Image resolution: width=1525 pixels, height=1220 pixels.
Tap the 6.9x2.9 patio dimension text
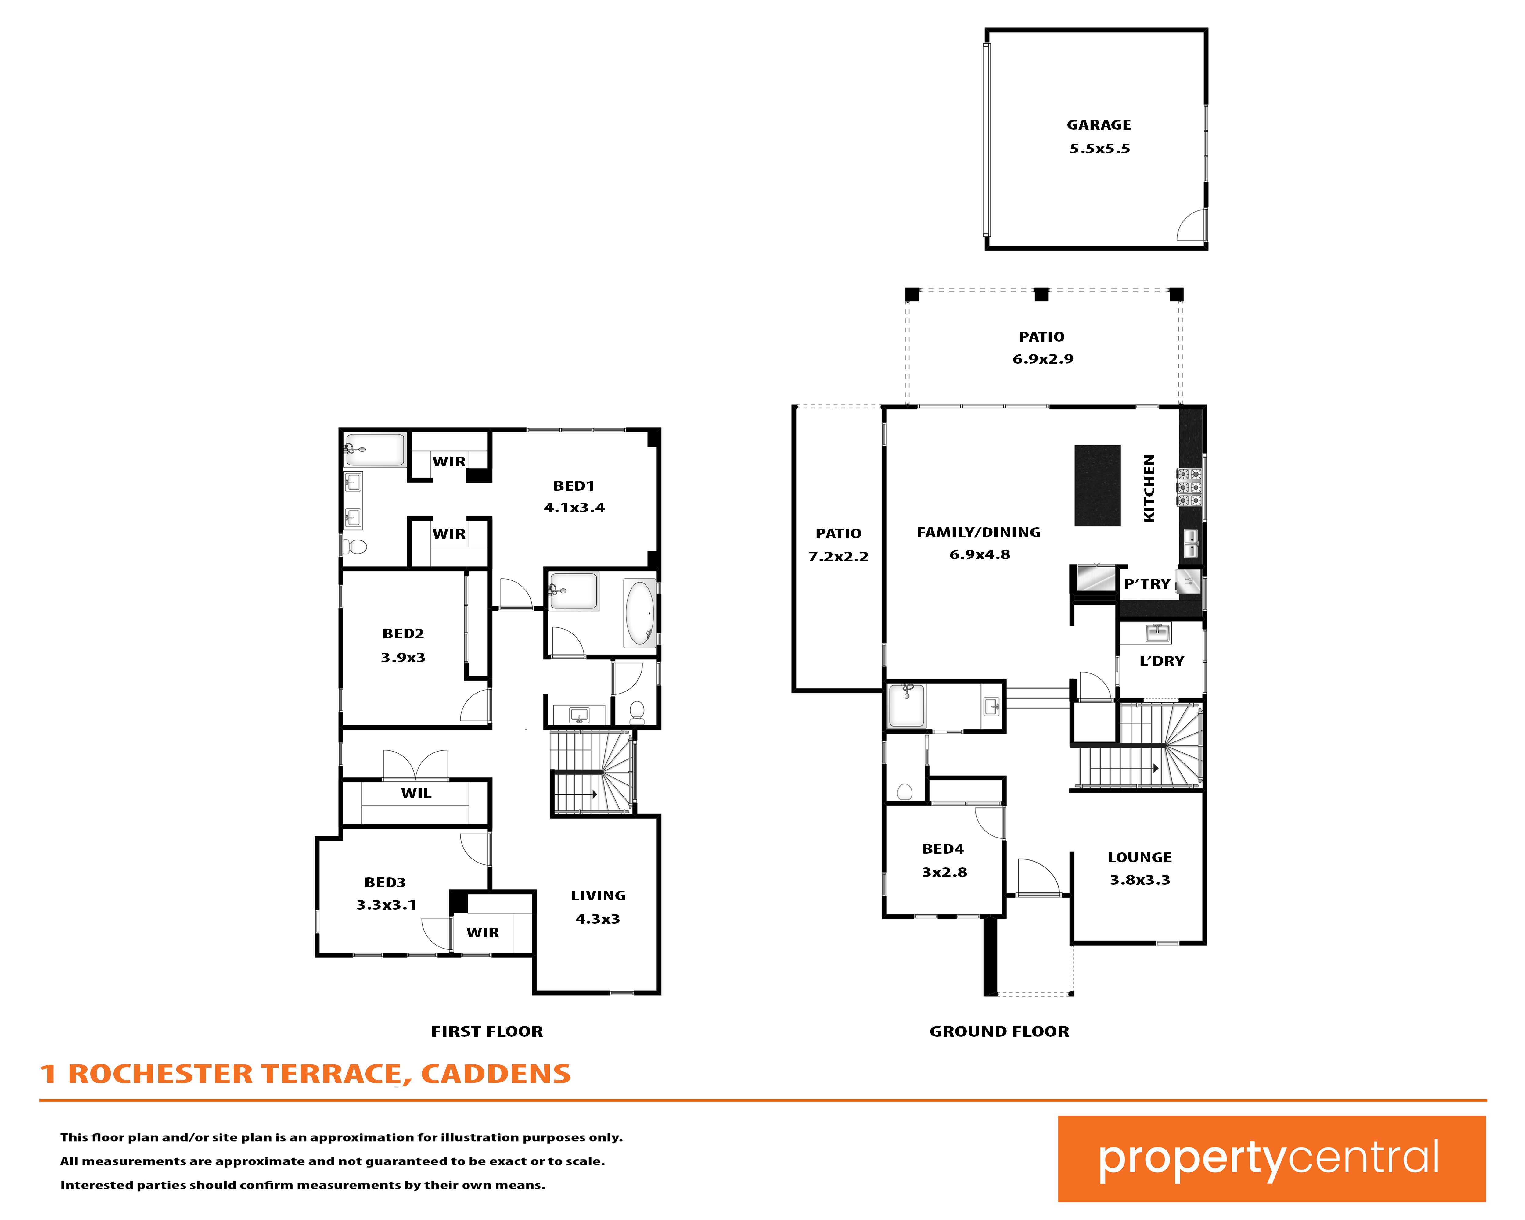click(x=1043, y=359)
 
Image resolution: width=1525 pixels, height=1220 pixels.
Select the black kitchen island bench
click(x=1097, y=485)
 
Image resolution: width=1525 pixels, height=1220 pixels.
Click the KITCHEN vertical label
click(x=1149, y=488)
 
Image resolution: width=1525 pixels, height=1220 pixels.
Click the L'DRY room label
click(x=1161, y=661)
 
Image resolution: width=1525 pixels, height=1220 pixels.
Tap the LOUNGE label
click(x=1139, y=858)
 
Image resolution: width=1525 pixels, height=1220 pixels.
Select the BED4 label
click(x=943, y=849)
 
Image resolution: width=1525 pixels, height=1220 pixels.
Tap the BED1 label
click(x=574, y=486)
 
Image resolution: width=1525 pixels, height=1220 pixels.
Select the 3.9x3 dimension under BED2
click(x=403, y=658)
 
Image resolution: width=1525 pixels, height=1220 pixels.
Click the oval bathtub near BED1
click(x=640, y=612)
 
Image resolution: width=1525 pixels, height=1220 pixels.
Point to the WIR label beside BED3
click(x=482, y=933)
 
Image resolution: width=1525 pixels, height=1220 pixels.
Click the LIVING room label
click(x=599, y=896)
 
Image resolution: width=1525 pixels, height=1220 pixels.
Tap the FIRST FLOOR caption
click(x=487, y=1032)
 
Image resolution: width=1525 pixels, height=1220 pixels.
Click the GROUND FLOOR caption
click(x=999, y=1032)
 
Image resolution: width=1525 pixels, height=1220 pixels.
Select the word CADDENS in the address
click(x=496, y=1074)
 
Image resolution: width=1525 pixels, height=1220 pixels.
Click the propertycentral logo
click(x=1272, y=1158)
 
